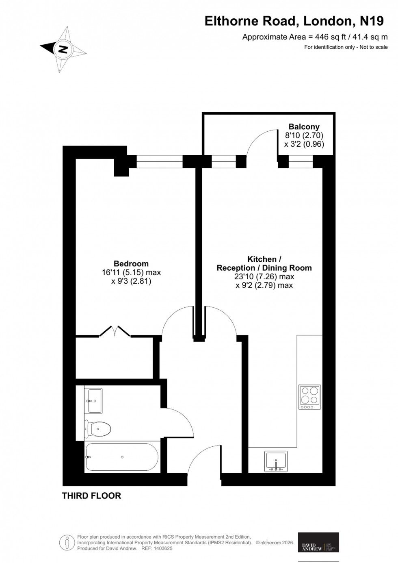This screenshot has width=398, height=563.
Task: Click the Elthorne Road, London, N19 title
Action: tap(294, 21)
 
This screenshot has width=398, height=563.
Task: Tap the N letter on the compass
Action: tap(63, 49)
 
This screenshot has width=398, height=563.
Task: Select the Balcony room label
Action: tap(304, 126)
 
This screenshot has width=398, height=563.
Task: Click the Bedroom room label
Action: tap(131, 264)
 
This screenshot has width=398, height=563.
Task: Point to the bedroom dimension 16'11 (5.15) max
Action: tap(131, 273)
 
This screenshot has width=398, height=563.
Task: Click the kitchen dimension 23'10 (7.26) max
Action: tap(264, 277)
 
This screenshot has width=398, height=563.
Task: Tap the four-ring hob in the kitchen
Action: tap(309, 397)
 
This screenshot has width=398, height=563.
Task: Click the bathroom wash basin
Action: tap(93, 401)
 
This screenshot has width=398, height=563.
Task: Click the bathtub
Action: tap(121, 457)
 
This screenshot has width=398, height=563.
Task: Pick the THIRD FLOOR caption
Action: tap(91, 496)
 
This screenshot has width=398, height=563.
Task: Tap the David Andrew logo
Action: tap(318, 542)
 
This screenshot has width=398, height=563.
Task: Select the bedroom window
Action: tap(159, 162)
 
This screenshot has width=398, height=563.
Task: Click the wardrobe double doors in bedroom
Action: tap(115, 331)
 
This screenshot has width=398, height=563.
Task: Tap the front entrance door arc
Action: tap(203, 459)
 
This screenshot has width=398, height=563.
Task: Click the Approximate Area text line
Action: tap(315, 37)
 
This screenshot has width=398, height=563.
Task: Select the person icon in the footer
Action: tap(67, 542)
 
